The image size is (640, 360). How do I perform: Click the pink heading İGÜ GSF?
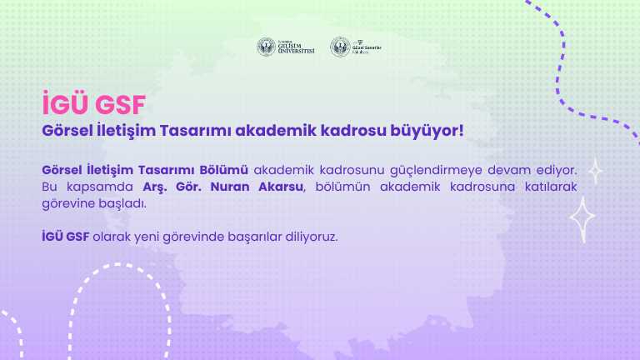[x=93, y=105]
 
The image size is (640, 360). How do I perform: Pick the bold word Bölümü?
[x=224, y=169]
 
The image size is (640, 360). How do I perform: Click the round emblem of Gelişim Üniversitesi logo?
[x=266, y=47]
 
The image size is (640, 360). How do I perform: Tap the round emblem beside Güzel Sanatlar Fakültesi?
[x=339, y=47]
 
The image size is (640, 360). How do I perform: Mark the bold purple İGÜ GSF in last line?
[x=65, y=237]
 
